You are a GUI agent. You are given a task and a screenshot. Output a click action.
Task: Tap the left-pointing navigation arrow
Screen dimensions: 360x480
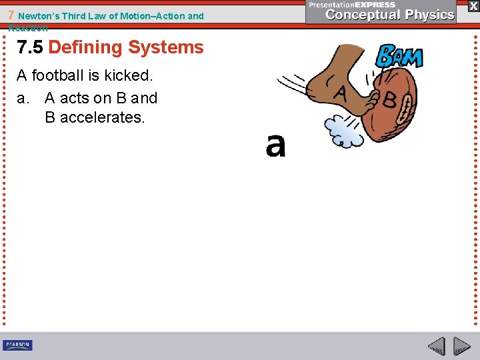(x=436, y=346)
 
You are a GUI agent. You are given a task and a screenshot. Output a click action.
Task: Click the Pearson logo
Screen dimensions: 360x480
(x=17, y=345)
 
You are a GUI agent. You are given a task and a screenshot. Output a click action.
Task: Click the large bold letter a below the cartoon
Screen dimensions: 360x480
(x=275, y=145)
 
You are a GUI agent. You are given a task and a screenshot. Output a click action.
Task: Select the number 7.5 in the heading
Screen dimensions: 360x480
(x=30, y=47)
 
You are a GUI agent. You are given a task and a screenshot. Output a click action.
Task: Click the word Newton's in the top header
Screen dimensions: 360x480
(x=37, y=15)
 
